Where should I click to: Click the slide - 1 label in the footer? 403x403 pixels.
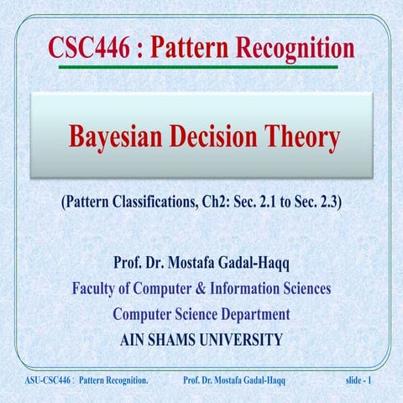[364, 383]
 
